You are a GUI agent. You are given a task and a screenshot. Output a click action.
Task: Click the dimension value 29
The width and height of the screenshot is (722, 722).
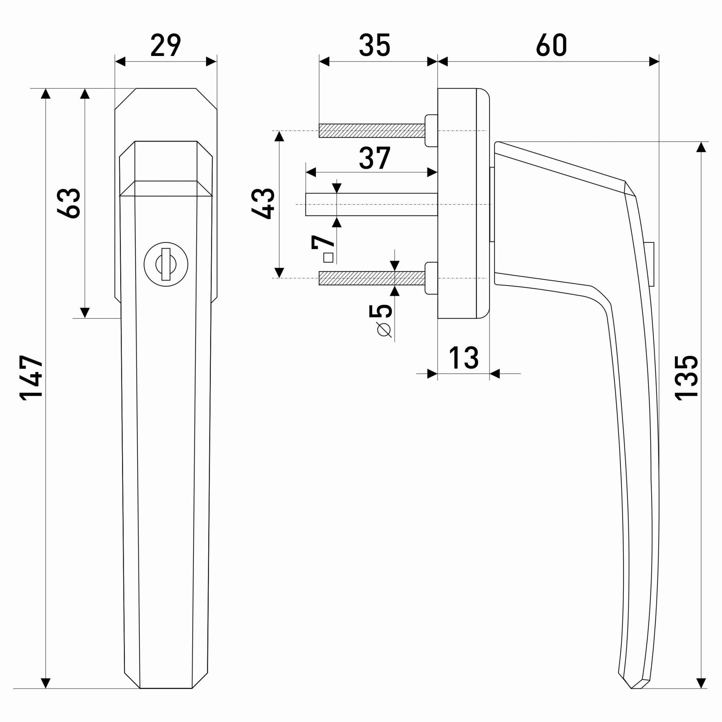166,45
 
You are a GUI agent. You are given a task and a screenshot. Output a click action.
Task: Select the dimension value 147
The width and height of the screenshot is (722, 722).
31,378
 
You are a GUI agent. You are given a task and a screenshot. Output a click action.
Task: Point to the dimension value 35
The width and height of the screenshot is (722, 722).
374,45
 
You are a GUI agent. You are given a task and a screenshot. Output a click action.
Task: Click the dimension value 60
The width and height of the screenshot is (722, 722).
551,45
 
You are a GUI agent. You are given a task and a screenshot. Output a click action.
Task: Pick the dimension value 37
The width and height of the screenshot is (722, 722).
374,158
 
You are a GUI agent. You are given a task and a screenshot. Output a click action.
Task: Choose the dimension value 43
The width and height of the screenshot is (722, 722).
263,203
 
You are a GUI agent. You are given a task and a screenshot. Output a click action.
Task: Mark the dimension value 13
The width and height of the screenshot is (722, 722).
464,358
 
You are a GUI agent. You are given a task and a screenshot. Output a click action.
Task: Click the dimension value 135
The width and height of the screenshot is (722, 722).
686,378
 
